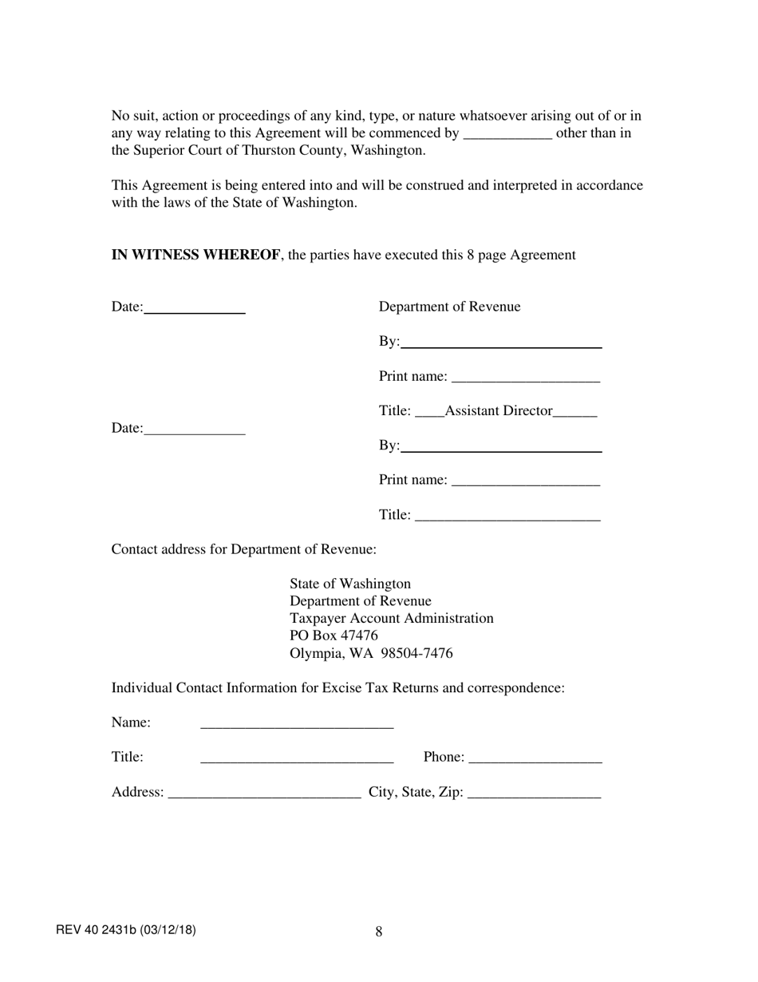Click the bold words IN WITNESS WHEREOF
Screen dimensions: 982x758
[195, 255]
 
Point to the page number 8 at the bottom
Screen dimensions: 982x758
[379, 932]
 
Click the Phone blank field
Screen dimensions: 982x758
[535, 758]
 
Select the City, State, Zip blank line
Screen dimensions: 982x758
[534, 794]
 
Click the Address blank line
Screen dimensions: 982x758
[265, 794]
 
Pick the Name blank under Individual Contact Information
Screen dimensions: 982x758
[297, 724]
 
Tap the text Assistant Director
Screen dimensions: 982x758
[499, 411]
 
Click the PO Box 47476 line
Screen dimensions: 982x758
[334, 636]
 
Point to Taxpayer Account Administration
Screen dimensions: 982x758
[391, 619]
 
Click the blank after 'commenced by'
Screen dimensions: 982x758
[507, 134]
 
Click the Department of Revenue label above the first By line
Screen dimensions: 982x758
[449, 307]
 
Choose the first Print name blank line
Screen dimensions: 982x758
[525, 378]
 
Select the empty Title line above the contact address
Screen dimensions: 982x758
[507, 517]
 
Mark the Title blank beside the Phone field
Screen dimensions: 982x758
[297, 758]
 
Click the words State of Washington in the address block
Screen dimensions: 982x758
[350, 584]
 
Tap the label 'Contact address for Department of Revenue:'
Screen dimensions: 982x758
[244, 550]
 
